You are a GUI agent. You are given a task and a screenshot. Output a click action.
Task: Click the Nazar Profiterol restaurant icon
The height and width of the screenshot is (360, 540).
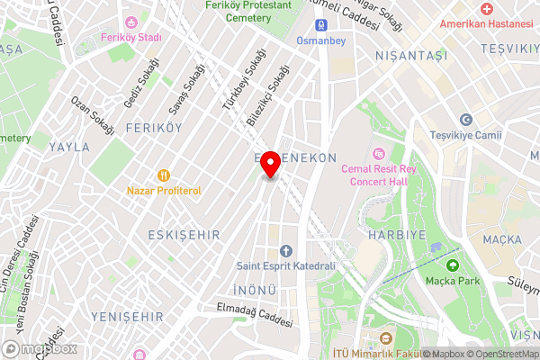pos(163,175)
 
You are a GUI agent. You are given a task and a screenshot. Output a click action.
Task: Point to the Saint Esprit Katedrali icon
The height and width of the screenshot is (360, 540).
pos(286,250)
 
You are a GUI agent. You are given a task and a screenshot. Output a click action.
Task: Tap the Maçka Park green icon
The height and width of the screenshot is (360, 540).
pos(452,265)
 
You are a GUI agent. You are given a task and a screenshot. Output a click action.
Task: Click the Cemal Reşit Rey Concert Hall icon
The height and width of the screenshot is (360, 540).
pos(376,153)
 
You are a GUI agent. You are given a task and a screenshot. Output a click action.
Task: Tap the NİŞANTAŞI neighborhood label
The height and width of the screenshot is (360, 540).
pos(412,56)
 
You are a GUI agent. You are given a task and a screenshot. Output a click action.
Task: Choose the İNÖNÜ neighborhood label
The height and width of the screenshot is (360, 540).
pos(256,289)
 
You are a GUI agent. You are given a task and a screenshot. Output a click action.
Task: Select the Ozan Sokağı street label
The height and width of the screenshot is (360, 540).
pos(93,115)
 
